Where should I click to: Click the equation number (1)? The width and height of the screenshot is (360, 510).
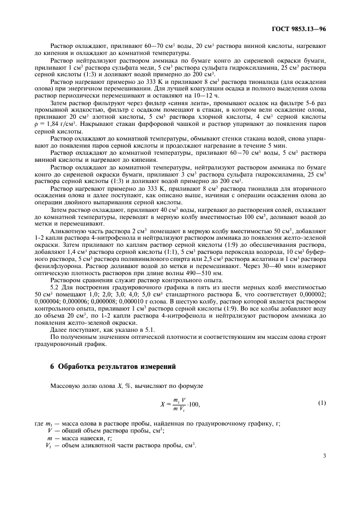(x=322, y=403)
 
